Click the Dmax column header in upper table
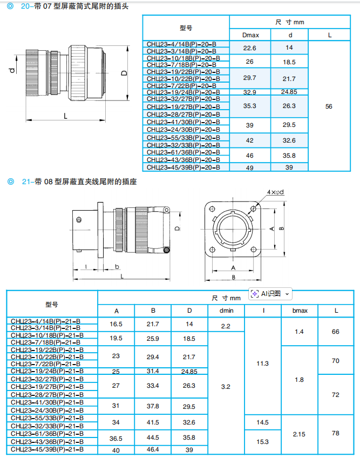point(250,35)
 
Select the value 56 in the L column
point(329,106)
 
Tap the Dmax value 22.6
point(250,48)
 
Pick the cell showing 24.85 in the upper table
point(289,92)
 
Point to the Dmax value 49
point(250,167)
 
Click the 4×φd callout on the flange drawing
point(275,192)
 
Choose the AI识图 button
point(270,294)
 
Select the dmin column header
point(226,311)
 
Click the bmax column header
point(300,311)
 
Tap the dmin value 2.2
point(226,326)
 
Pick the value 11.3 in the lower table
point(263,363)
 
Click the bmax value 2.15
point(300,434)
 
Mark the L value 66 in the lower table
point(336,331)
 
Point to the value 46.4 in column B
point(153,449)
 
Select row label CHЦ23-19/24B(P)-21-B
point(46,371)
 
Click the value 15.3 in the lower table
point(263,442)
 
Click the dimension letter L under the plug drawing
point(65,116)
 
